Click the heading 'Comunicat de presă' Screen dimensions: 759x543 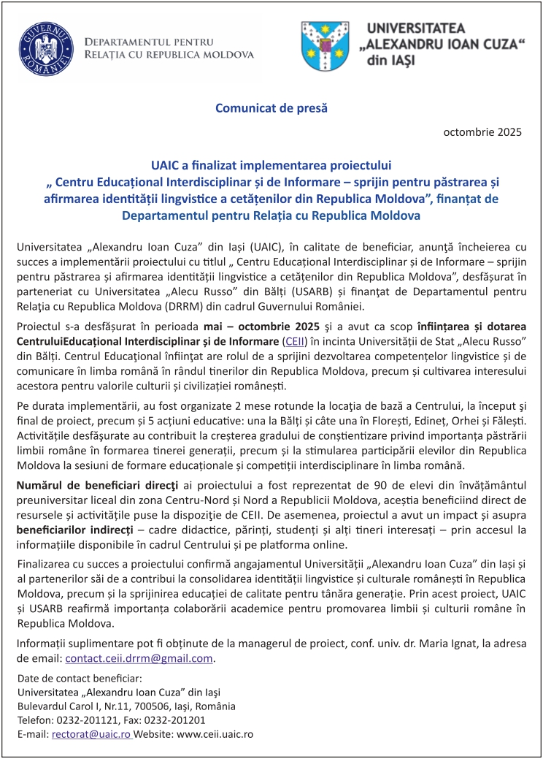(271, 108)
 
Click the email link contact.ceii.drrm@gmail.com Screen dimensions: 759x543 (139, 658)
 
